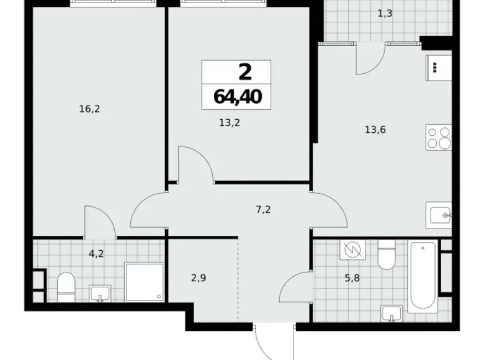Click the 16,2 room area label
(x=90, y=109)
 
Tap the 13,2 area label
(x=230, y=123)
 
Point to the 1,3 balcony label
(x=384, y=12)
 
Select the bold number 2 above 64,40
(x=244, y=72)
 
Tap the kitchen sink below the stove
(x=439, y=215)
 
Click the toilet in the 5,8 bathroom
(x=385, y=257)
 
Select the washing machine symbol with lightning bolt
(x=351, y=250)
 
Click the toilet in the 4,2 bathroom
(x=65, y=287)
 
